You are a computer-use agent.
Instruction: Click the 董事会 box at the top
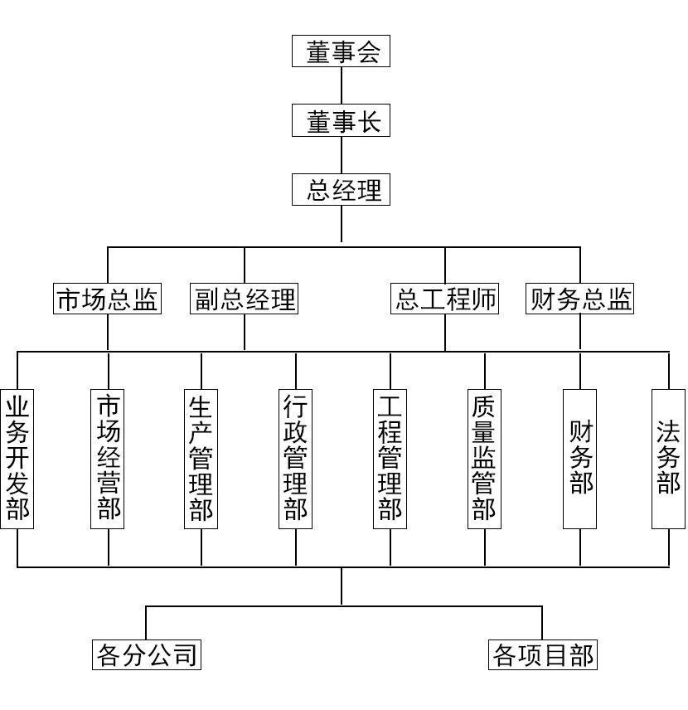click(x=341, y=51)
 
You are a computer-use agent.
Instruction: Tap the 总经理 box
click(x=341, y=190)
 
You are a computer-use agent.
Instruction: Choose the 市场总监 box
click(x=107, y=299)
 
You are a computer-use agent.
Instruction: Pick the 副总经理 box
click(x=244, y=299)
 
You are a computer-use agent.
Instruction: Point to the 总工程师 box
click(x=445, y=299)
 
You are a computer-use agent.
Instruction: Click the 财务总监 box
click(x=580, y=299)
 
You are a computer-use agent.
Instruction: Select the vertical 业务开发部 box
click(x=17, y=458)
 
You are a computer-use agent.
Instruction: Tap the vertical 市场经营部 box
click(x=108, y=458)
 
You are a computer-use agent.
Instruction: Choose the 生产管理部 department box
click(x=201, y=458)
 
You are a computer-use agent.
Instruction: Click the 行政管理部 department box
click(x=296, y=458)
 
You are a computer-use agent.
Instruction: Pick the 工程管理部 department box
click(x=390, y=458)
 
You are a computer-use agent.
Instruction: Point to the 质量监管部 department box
click(x=484, y=458)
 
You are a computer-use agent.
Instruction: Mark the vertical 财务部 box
click(x=580, y=458)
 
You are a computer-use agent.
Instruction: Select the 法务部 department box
click(x=669, y=458)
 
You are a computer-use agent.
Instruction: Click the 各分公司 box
click(x=147, y=655)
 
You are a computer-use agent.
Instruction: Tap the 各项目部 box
click(x=543, y=655)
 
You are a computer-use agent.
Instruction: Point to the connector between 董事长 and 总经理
click(x=341, y=155)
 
